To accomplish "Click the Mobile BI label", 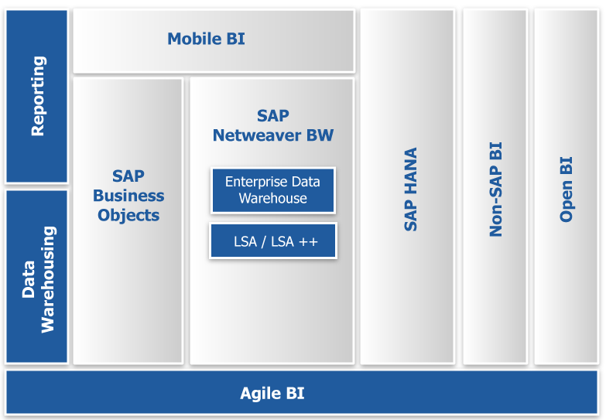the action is (206, 39).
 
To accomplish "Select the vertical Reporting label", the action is (39, 96).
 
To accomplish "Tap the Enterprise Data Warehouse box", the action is (273, 190).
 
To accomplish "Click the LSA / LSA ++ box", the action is (273, 241).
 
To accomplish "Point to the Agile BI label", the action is (272, 394).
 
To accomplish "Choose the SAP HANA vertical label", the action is (410, 190).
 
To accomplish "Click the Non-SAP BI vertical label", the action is (495, 190).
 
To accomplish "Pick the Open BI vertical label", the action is (567, 190).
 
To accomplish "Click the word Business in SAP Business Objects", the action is (128, 196).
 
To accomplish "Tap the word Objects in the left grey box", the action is (128, 215).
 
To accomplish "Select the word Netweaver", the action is (257, 135).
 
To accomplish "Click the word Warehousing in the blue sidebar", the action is (48, 279).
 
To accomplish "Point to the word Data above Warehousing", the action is (29, 279).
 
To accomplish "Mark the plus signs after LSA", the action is (308, 242).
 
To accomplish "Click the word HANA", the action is (410, 170).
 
